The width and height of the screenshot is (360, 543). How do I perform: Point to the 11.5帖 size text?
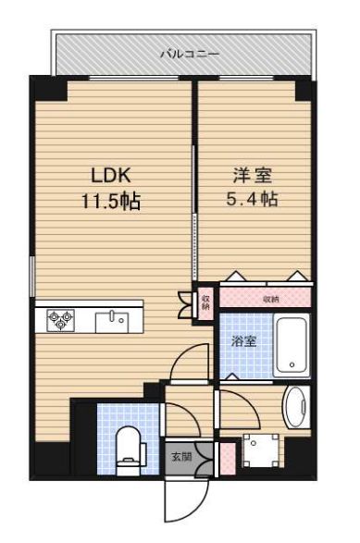tap(108, 202)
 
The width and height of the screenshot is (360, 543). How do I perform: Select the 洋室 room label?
tap(244, 173)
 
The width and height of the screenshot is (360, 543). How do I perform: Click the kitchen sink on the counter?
tap(116, 320)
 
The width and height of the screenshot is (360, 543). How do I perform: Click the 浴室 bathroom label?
tap(244, 341)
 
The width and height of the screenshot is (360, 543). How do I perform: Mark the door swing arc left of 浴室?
tap(195, 361)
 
